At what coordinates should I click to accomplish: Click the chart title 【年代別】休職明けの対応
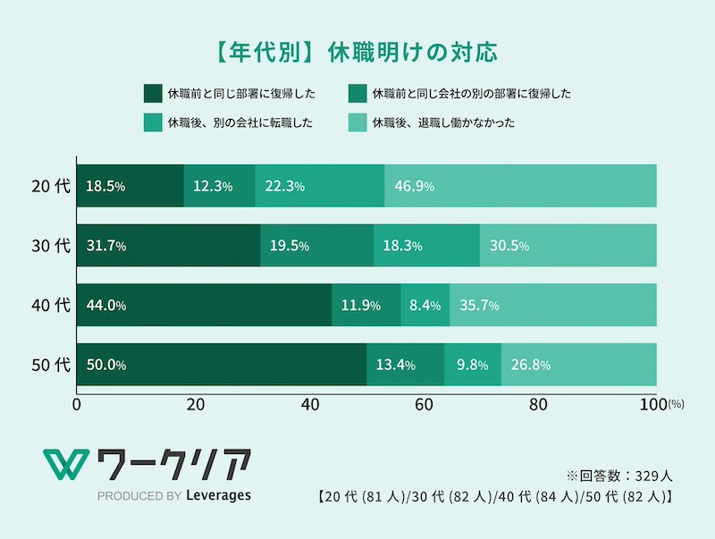coord(357,49)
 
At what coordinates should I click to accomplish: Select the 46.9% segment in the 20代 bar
coord(520,186)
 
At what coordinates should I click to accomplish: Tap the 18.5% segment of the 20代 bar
coord(130,186)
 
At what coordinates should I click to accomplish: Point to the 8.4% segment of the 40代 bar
coord(425,306)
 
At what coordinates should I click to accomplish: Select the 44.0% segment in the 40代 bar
coord(204,306)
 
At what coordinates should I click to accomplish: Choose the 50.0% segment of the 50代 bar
coord(222,365)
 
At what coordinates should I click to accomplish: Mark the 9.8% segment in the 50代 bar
coord(472,365)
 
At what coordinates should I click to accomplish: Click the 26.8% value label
coord(530,365)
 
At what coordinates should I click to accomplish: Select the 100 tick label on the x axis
coord(653,404)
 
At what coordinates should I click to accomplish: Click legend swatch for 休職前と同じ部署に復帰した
coord(151,93)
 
